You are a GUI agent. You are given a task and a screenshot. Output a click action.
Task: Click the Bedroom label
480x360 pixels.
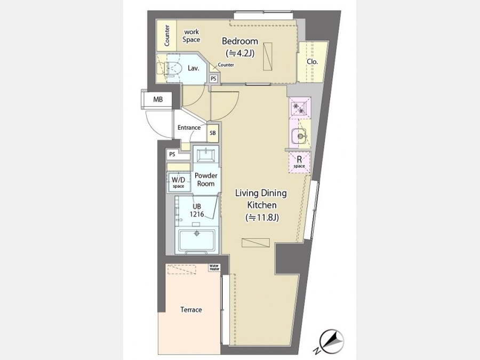pyautogui.click(x=239, y=41)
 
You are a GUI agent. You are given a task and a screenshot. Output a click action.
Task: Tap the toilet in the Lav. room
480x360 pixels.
pyautogui.click(x=169, y=69)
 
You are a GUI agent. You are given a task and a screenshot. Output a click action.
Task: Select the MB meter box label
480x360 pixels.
pyautogui.click(x=158, y=100)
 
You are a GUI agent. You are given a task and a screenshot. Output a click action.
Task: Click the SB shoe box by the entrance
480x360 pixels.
pyautogui.click(x=213, y=133)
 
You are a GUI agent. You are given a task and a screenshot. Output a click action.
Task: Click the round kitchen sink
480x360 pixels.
pyautogui.click(x=299, y=135)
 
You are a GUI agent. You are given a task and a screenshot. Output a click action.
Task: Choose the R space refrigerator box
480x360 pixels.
pyautogui.click(x=299, y=162)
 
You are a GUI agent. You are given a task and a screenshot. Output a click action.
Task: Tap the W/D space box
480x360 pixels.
pyautogui.click(x=178, y=182)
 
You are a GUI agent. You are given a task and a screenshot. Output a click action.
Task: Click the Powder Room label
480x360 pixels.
pyautogui.click(x=206, y=179)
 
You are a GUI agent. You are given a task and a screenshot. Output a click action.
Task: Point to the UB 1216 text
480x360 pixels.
pyautogui.click(x=196, y=210)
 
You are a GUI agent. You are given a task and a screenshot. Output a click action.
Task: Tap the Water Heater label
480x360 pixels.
pyautogui.click(x=214, y=267)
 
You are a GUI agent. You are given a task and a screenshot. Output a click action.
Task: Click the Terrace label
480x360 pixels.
pyautogui.click(x=191, y=309)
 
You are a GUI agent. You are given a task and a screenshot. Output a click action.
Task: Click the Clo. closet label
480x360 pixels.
pyautogui.click(x=312, y=61)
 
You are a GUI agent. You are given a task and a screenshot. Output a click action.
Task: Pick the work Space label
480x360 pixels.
pyautogui.click(x=191, y=36)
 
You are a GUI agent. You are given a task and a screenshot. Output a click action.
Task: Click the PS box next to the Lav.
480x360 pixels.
pyautogui.click(x=213, y=78)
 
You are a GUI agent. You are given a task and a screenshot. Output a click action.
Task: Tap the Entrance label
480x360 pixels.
pyautogui.click(x=189, y=127)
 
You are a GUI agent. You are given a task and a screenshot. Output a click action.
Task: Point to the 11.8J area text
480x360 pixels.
pyautogui.click(x=262, y=218)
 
